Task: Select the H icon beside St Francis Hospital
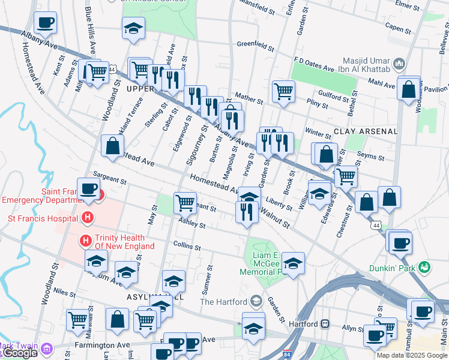click(88, 217)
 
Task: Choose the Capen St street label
click(402, 27)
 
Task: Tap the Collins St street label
click(187, 245)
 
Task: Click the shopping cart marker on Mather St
click(283, 91)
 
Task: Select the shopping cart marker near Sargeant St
click(185, 202)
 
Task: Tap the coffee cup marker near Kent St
click(46, 23)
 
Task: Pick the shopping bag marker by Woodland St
click(112, 146)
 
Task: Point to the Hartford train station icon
click(325, 323)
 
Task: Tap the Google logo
click(19, 353)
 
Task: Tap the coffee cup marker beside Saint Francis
click(88, 188)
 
